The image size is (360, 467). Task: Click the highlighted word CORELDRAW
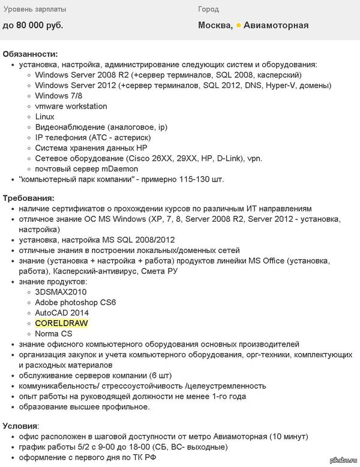click(x=61, y=323)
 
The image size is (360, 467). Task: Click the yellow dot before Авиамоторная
click(x=238, y=25)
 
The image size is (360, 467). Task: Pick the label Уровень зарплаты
click(x=35, y=10)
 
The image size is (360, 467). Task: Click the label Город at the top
click(x=209, y=10)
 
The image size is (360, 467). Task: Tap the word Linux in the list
click(x=45, y=117)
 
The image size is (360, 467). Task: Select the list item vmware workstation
click(x=71, y=106)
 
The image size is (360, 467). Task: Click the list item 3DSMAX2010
click(x=61, y=292)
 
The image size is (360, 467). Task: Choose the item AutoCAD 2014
click(x=62, y=313)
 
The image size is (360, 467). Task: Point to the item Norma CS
click(x=53, y=333)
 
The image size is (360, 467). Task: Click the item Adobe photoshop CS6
click(x=76, y=302)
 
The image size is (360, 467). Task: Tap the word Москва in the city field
click(x=215, y=25)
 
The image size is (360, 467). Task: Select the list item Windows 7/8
click(x=59, y=96)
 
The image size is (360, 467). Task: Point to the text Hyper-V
click(x=280, y=86)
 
